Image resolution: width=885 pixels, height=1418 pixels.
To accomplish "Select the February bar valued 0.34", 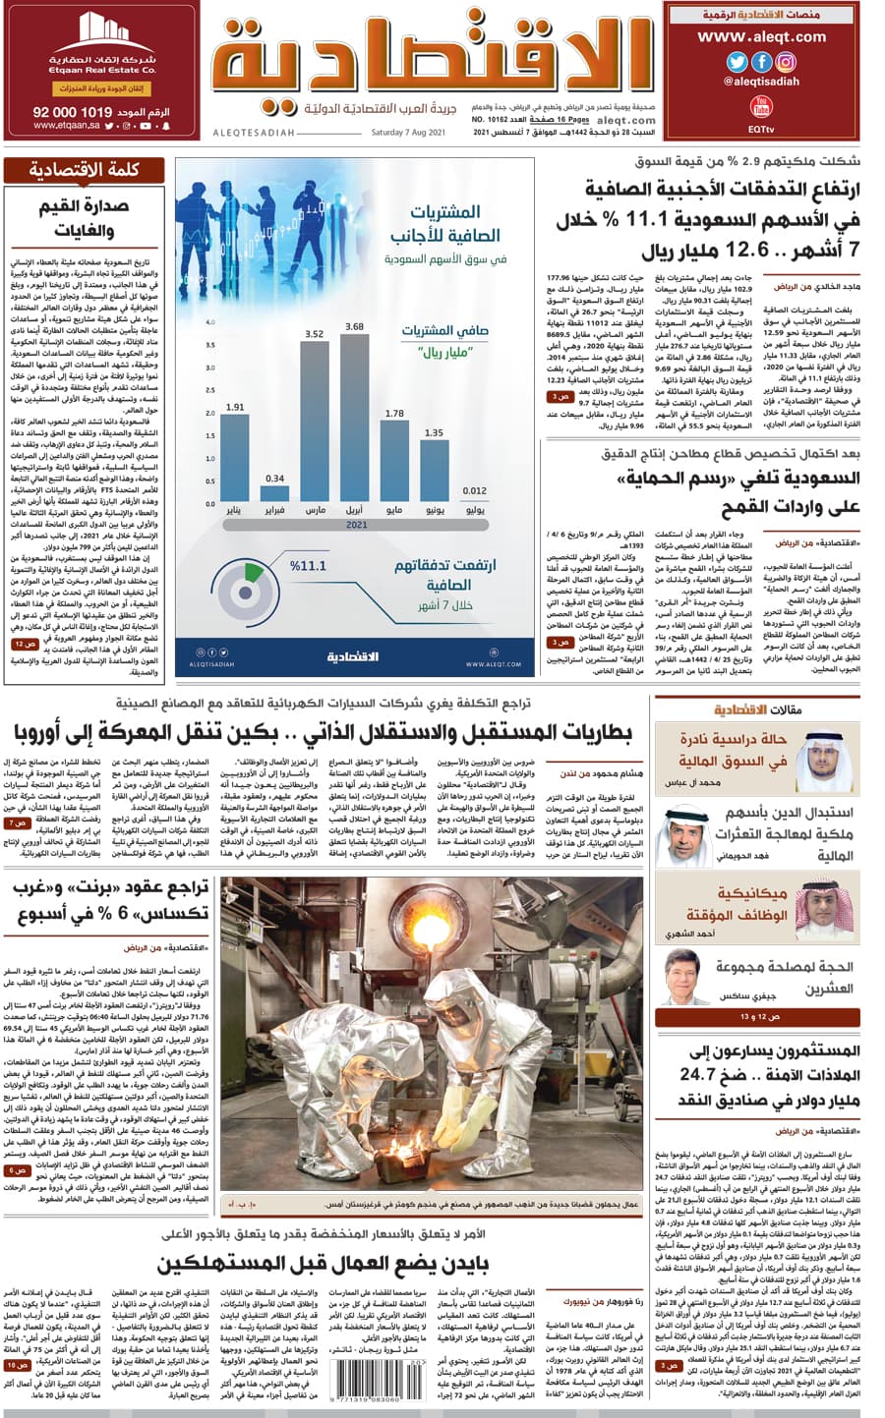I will tap(275, 495).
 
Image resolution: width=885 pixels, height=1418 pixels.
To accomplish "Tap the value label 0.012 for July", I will tap(474, 490).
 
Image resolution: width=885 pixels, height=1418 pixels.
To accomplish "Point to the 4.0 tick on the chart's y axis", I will tap(209, 322).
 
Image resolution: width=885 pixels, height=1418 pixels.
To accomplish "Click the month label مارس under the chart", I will tap(315, 512).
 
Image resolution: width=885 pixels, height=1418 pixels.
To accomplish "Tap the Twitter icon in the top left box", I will tap(736, 61).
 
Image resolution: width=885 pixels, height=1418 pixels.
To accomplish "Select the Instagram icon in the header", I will tap(786, 61).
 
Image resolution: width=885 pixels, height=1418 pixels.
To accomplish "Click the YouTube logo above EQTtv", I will tap(760, 105).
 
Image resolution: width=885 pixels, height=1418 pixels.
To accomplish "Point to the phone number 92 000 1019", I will tap(73, 113).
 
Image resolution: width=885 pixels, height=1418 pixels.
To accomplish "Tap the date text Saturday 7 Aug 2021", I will tap(408, 132).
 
